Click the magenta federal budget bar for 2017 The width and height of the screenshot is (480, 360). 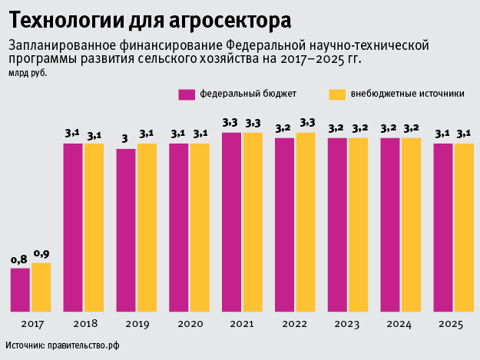click(x=20, y=289)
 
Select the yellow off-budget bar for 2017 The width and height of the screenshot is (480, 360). click(x=41, y=287)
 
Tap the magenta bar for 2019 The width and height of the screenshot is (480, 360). click(x=126, y=230)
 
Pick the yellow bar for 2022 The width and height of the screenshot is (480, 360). click(x=306, y=222)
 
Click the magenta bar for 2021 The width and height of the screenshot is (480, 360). click(x=232, y=222)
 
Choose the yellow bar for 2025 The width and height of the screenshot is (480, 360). click(x=464, y=227)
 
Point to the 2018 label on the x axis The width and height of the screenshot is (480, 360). click(x=83, y=325)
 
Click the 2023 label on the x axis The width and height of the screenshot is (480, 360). click(x=348, y=325)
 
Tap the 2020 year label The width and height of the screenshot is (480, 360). click(x=189, y=325)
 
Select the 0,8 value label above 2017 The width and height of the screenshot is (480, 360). click(x=19, y=259)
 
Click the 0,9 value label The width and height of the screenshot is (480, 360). click(x=41, y=254)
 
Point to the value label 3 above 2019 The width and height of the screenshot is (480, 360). click(x=125, y=140)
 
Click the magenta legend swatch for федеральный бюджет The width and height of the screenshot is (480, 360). click(x=187, y=94)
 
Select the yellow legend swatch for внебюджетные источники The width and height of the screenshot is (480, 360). click(x=336, y=94)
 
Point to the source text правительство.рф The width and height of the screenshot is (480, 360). click(x=84, y=346)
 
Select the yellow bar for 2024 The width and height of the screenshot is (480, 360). click(x=411, y=224)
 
